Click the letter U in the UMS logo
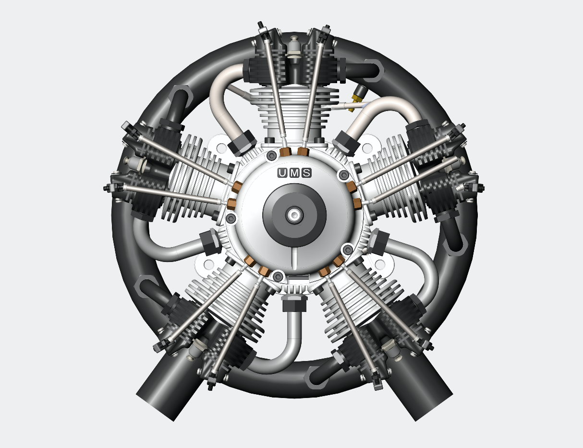pos(282,173)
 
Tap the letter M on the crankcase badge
pos(294,173)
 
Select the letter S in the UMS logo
pos(306,173)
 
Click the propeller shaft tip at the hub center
pos(294,215)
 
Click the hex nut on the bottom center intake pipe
pos(294,304)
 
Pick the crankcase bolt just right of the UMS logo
pos(344,175)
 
